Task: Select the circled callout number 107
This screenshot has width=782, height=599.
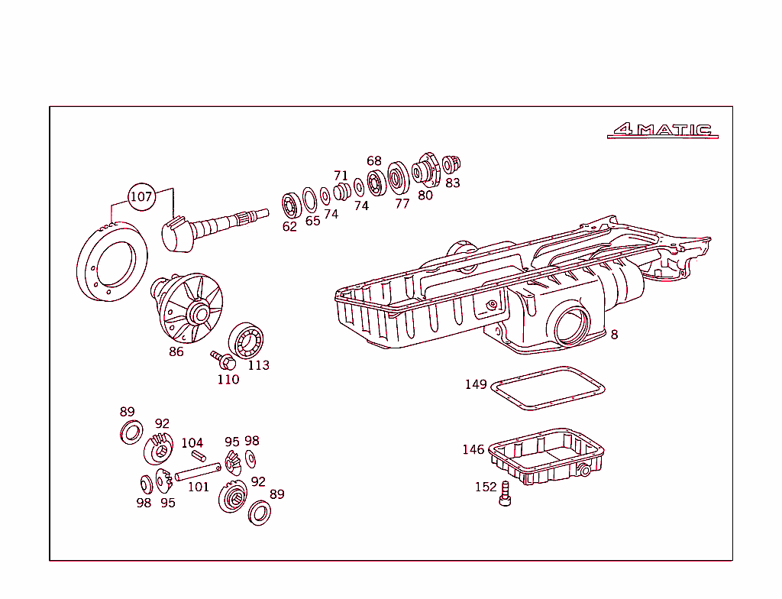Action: [x=141, y=196]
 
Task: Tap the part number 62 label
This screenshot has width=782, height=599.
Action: [x=289, y=227]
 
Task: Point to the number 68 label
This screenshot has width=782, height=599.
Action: [x=373, y=161]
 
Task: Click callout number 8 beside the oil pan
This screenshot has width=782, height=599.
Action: [x=614, y=335]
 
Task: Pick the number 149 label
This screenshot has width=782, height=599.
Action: [x=476, y=384]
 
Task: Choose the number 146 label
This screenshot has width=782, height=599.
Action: [x=473, y=449]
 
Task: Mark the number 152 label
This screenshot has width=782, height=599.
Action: [x=486, y=487]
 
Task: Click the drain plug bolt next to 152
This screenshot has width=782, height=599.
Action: [x=504, y=497]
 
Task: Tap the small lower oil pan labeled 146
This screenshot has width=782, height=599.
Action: [x=547, y=458]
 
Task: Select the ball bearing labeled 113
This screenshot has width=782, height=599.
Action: [x=247, y=339]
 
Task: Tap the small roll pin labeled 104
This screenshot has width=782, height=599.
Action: [x=199, y=456]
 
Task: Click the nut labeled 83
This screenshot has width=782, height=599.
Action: [x=451, y=164]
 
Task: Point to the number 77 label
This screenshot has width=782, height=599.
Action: [x=402, y=203]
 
